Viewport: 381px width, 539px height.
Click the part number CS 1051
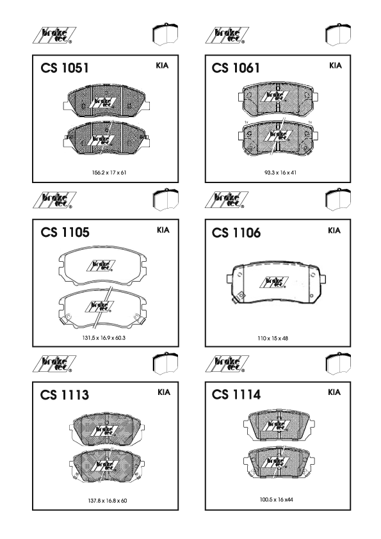click(x=65, y=68)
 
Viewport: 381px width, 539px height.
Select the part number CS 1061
click(x=236, y=68)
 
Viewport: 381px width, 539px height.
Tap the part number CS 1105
click(x=65, y=232)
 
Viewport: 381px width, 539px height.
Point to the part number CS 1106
click(x=236, y=233)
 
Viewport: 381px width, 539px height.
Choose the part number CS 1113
click(x=65, y=394)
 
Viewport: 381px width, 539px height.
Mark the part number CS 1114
click(x=236, y=394)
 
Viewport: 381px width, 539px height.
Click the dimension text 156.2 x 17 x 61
click(x=109, y=173)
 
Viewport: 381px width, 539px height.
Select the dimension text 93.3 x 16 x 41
click(x=280, y=173)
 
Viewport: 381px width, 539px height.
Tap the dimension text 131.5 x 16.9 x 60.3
click(x=104, y=338)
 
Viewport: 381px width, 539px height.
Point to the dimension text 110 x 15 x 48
click(x=273, y=338)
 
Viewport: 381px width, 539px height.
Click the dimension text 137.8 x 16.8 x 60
click(x=108, y=501)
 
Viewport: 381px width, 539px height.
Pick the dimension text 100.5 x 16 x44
click(x=277, y=499)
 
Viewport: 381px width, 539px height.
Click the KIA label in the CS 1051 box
click(x=162, y=66)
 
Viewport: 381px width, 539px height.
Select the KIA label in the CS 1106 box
click(x=334, y=230)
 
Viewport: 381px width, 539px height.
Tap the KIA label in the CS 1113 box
click(x=164, y=392)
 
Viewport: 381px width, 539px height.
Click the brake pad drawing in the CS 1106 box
click(x=277, y=282)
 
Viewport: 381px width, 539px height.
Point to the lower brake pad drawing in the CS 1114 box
click(x=279, y=463)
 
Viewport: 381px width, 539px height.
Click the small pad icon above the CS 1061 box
click(x=338, y=35)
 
